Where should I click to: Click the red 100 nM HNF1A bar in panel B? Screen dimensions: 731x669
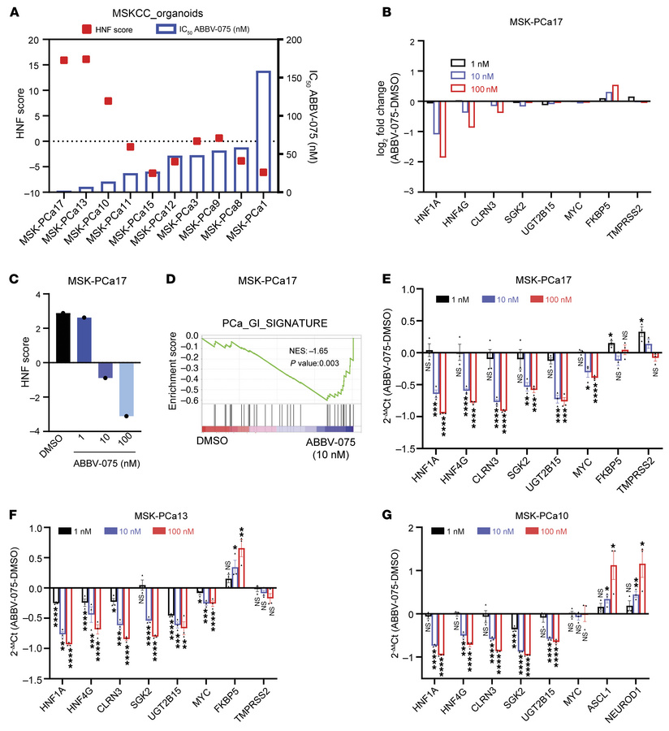(x=443, y=129)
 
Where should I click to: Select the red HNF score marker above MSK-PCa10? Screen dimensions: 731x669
(x=108, y=102)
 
